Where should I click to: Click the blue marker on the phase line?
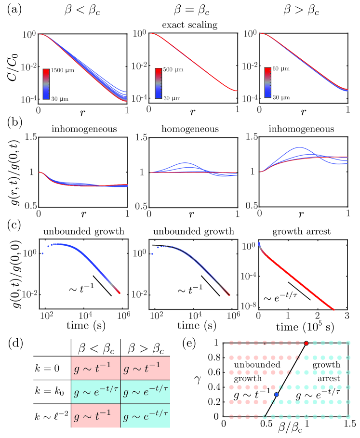tap(277, 395)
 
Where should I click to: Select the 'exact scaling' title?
tap(193, 24)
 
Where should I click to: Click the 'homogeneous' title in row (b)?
tap(193, 130)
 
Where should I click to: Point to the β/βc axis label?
tap(290, 433)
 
